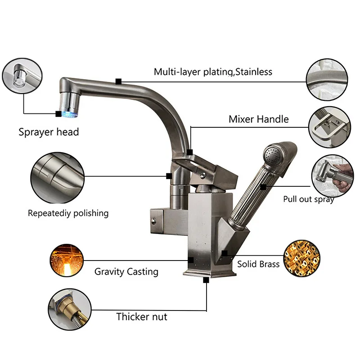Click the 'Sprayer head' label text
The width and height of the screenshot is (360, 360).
49,132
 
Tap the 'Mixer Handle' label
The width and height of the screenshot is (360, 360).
258,119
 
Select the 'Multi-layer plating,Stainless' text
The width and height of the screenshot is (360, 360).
213,72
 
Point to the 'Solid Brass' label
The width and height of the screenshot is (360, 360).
258,264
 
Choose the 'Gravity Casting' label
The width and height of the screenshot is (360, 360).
126,272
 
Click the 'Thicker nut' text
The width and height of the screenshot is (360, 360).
141,316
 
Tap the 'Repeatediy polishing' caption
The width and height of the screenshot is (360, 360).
68,213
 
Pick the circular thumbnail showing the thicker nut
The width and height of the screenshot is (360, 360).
67,307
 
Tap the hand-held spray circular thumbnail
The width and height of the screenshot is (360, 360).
330,175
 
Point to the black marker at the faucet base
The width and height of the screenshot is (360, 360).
207,279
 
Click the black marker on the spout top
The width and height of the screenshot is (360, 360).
118,81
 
